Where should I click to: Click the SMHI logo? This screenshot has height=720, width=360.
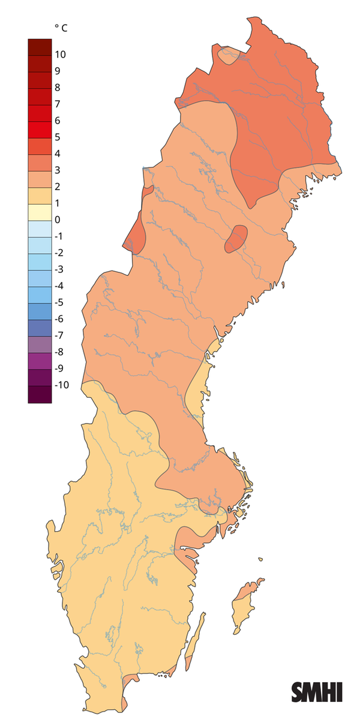(317, 692)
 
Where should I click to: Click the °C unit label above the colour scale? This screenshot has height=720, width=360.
(61, 28)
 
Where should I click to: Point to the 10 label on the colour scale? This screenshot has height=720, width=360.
(60, 55)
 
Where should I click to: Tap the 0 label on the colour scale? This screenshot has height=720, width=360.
(57, 220)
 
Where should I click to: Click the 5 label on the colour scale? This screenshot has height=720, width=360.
(57, 137)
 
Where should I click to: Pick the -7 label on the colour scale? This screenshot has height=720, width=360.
(59, 335)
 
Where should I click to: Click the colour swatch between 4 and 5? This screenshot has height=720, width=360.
(40, 145)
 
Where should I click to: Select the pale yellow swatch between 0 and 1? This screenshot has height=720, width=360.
(40, 211)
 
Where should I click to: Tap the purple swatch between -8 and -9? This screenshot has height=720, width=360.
(40, 360)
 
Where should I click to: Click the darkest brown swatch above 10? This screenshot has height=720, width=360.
(40, 46)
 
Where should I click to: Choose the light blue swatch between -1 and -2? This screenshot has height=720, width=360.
(40, 244)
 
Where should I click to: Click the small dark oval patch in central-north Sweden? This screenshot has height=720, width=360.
(235, 239)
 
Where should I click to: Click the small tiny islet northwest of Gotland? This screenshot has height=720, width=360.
(261, 560)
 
